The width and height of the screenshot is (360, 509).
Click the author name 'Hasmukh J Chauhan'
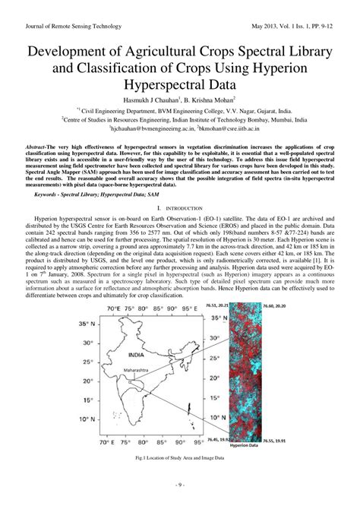tap(149, 100)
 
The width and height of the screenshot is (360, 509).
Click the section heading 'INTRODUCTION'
tap(180, 207)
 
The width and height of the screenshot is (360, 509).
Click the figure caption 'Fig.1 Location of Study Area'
tap(179, 460)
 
